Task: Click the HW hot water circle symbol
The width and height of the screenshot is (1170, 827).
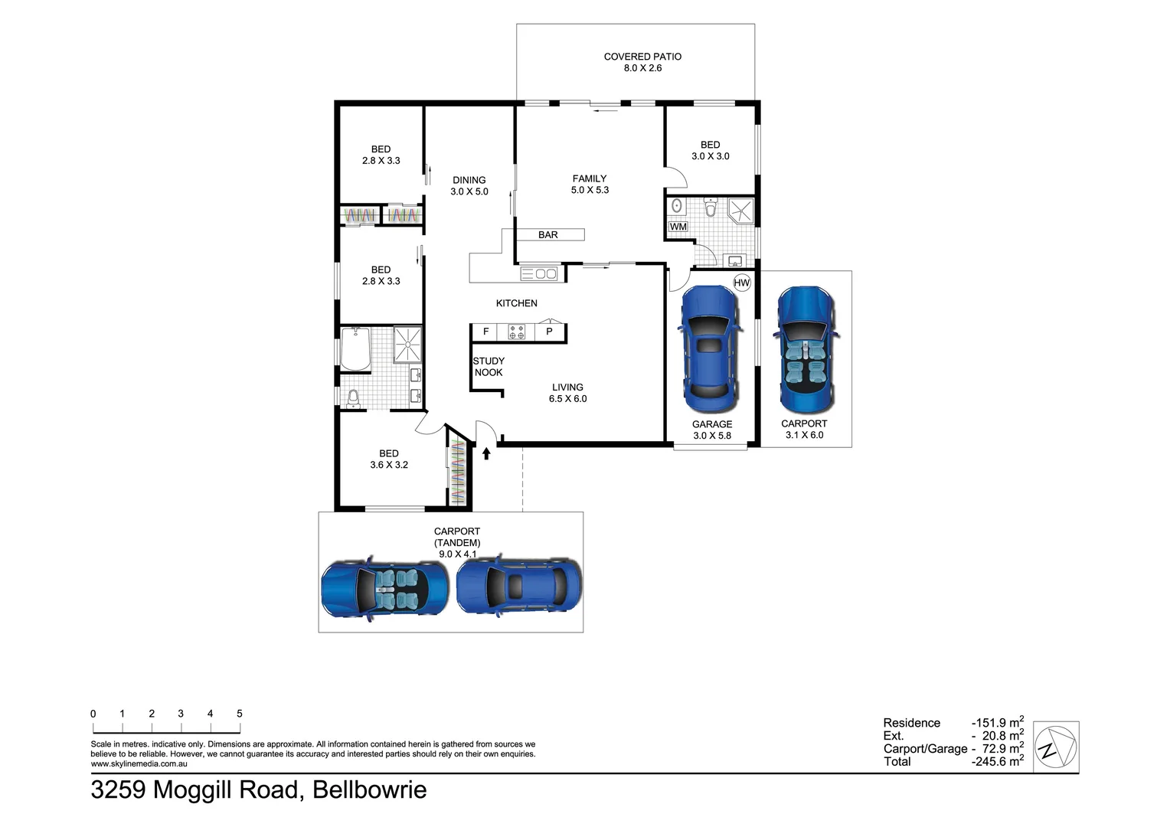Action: [741, 283]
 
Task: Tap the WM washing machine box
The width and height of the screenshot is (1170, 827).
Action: [678, 227]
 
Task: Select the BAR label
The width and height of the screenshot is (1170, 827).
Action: [547, 235]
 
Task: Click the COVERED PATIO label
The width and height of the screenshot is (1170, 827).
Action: [642, 57]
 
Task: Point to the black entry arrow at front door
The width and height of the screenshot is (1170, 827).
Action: [486, 453]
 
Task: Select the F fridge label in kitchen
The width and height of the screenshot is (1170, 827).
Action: [485, 332]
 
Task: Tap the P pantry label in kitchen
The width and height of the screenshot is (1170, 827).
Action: [549, 332]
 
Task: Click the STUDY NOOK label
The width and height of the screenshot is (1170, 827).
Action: [489, 367]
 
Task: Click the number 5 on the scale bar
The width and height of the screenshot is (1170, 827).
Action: [240, 714]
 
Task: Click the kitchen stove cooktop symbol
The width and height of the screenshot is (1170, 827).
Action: [516, 332]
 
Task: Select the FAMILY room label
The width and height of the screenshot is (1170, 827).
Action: [590, 178]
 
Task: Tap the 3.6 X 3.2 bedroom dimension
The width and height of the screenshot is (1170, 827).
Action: [389, 465]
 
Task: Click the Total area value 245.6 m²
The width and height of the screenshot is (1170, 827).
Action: [998, 761]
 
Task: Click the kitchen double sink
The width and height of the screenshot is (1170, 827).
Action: [540, 273]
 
